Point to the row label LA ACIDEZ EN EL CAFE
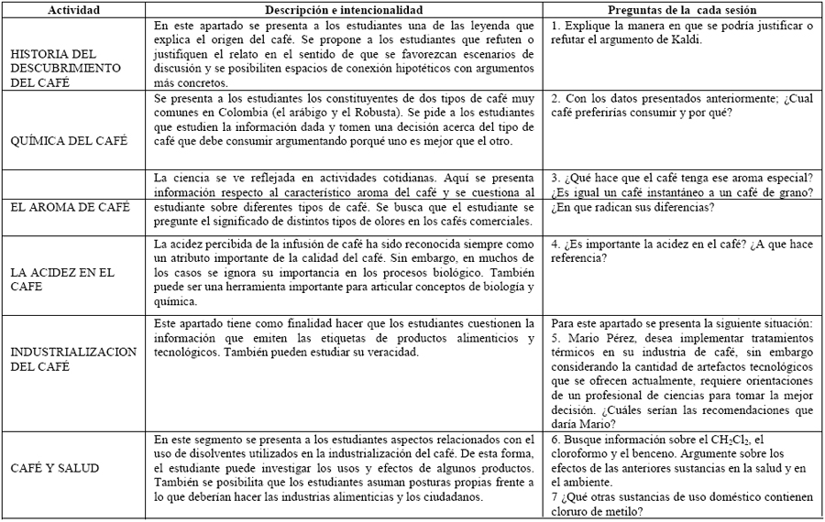coord(61,278)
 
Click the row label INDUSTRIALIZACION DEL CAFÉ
coord(72,358)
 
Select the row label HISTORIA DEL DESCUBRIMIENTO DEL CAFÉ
coord(65,68)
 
